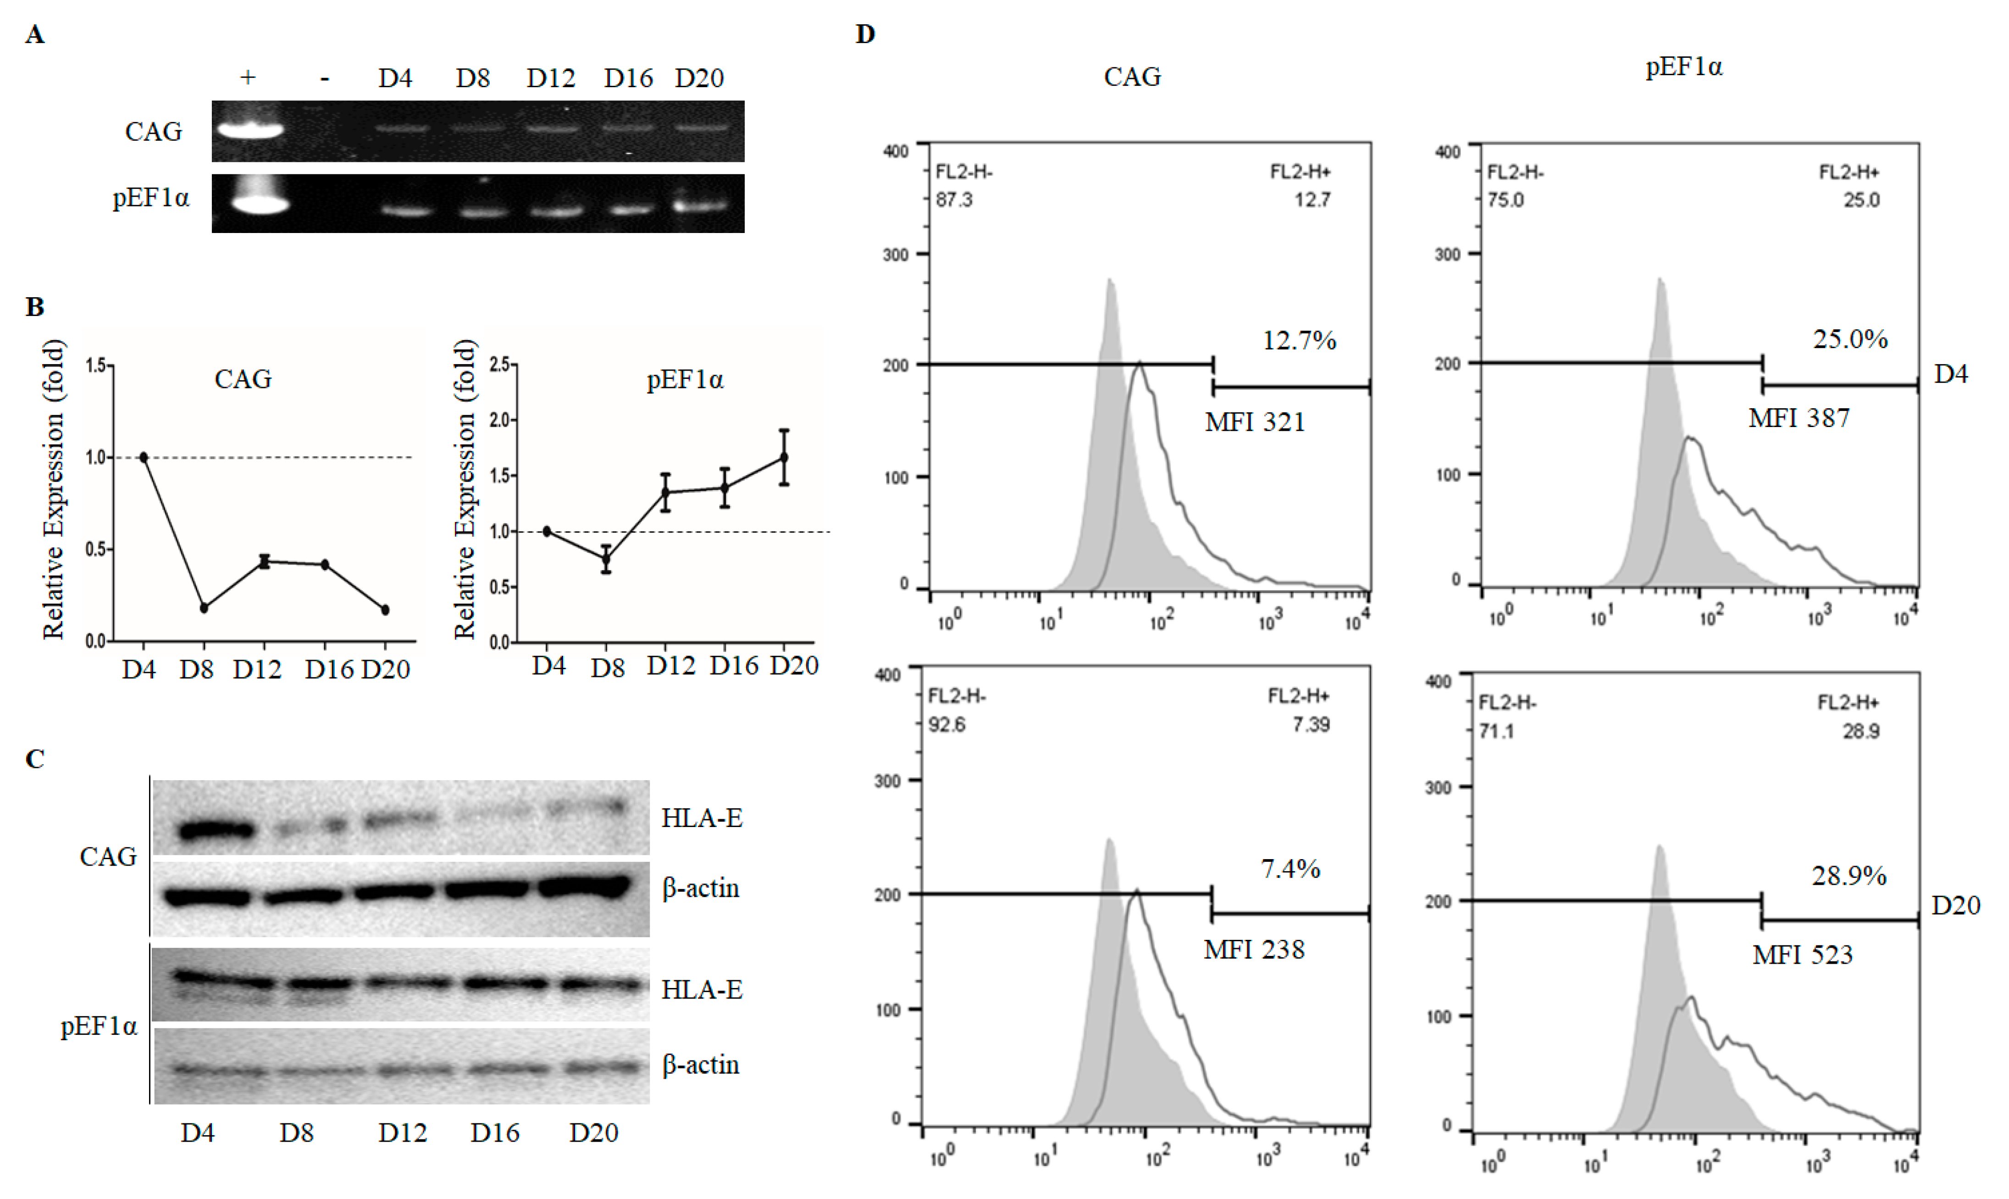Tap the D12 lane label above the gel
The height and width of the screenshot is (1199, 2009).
(551, 78)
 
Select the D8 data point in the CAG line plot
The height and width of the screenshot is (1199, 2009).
(204, 608)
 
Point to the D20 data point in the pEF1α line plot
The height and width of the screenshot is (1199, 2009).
(784, 457)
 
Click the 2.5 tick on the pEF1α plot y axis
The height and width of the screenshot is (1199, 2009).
(499, 365)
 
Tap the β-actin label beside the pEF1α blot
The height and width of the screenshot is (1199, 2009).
(700, 1065)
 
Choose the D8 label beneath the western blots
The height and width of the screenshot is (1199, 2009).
(296, 1133)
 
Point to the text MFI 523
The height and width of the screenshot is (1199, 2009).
(1802, 955)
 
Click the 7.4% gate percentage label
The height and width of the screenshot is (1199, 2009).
(1290, 869)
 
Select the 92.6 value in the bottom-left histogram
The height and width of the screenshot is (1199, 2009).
(946, 725)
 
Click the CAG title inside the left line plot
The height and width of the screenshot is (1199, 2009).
(242, 379)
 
